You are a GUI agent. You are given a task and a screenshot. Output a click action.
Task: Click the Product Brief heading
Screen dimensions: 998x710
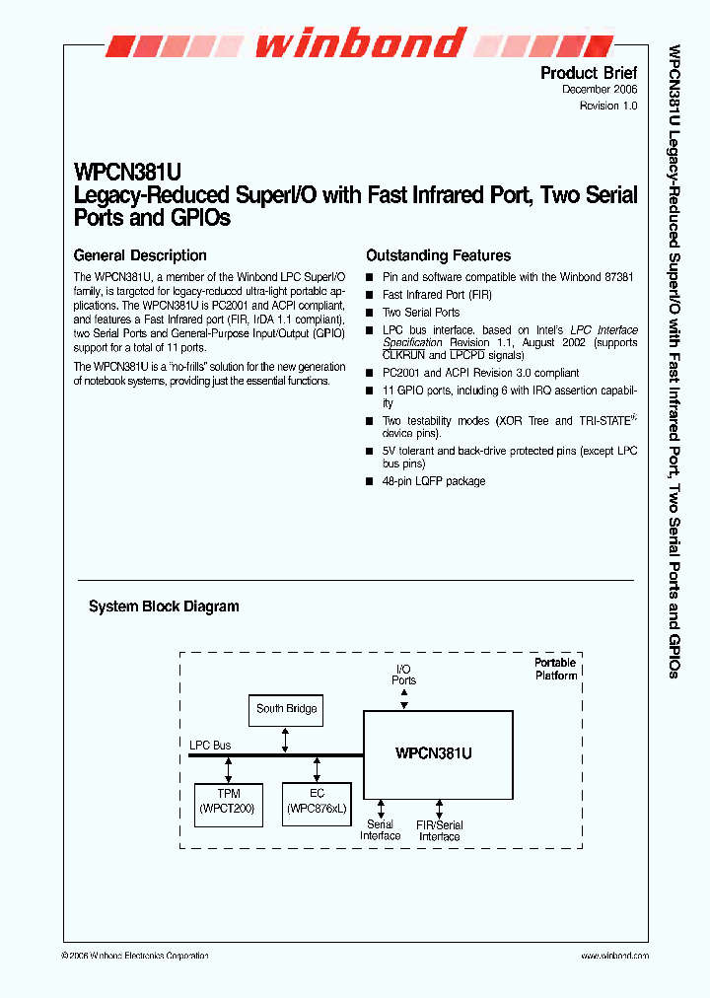tap(589, 73)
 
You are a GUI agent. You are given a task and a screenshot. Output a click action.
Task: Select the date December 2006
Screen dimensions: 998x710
tap(600, 90)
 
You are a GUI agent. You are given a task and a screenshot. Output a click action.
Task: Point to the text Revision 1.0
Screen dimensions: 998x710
tap(608, 106)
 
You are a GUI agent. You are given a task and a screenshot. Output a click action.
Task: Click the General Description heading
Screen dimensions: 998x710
tap(140, 255)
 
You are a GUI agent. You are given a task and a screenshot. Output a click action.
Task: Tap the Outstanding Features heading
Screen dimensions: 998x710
tap(438, 255)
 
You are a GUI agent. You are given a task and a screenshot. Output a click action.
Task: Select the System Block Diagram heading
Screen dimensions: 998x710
tap(164, 606)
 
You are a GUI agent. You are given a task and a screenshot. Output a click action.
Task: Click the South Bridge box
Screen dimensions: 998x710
tap(286, 710)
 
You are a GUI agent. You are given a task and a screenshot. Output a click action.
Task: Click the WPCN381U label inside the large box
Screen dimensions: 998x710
tap(434, 753)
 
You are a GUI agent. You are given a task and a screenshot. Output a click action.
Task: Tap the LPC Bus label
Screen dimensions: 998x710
tap(210, 746)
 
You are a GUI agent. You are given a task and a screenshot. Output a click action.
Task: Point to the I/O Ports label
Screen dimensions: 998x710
tap(403, 675)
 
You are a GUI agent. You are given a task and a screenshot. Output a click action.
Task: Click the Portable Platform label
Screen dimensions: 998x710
tap(556, 669)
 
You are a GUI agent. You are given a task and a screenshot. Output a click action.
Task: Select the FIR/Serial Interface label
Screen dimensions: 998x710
tap(439, 830)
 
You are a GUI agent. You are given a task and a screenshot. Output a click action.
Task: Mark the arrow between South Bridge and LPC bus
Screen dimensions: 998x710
tap(286, 740)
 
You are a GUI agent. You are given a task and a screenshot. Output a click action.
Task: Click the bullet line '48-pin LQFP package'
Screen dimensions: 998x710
tap(433, 481)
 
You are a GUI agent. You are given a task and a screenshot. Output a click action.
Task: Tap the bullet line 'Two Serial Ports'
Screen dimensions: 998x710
tap(421, 313)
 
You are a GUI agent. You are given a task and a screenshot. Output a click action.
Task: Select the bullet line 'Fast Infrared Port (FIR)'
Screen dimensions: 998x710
tap(437, 295)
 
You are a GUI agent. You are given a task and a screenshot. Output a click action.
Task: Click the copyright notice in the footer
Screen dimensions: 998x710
tap(135, 956)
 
